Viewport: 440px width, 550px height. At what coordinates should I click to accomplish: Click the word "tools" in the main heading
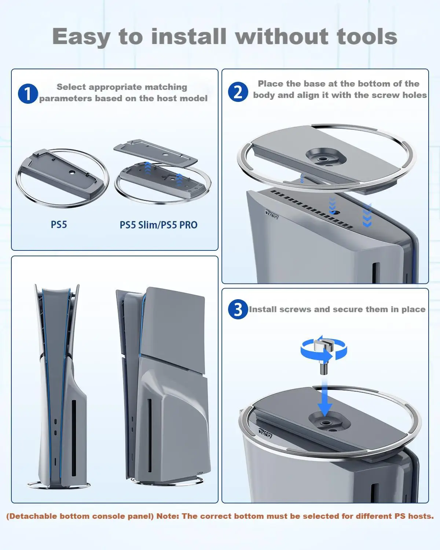coord(367,37)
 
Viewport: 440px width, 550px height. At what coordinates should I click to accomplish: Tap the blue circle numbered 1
coord(28,93)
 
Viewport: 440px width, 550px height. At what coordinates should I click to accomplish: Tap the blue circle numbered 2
coord(238,92)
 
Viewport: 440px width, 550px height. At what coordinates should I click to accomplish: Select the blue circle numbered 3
coord(238,309)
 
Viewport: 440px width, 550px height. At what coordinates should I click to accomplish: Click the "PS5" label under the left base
coord(59,225)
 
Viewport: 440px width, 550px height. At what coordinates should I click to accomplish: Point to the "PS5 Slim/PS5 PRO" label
coord(158,225)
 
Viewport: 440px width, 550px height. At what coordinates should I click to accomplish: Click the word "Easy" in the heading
coord(81,37)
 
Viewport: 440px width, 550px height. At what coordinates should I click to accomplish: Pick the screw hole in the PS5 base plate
coord(71,172)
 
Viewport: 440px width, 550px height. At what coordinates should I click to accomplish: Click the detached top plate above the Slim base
coord(155,152)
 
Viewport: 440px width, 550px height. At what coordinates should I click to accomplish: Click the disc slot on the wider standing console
coord(150,435)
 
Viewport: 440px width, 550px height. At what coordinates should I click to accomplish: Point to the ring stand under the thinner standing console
coord(59,485)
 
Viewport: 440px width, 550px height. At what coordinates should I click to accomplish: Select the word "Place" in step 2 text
coord(271,84)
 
